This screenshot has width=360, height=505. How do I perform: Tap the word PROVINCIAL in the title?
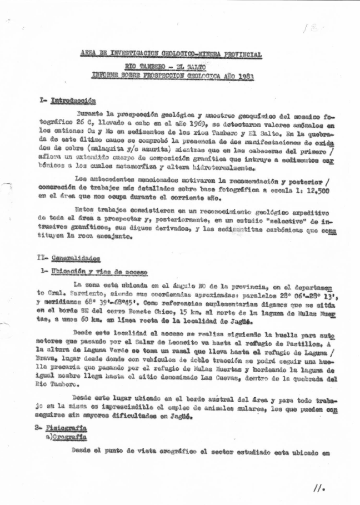tap(237, 55)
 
